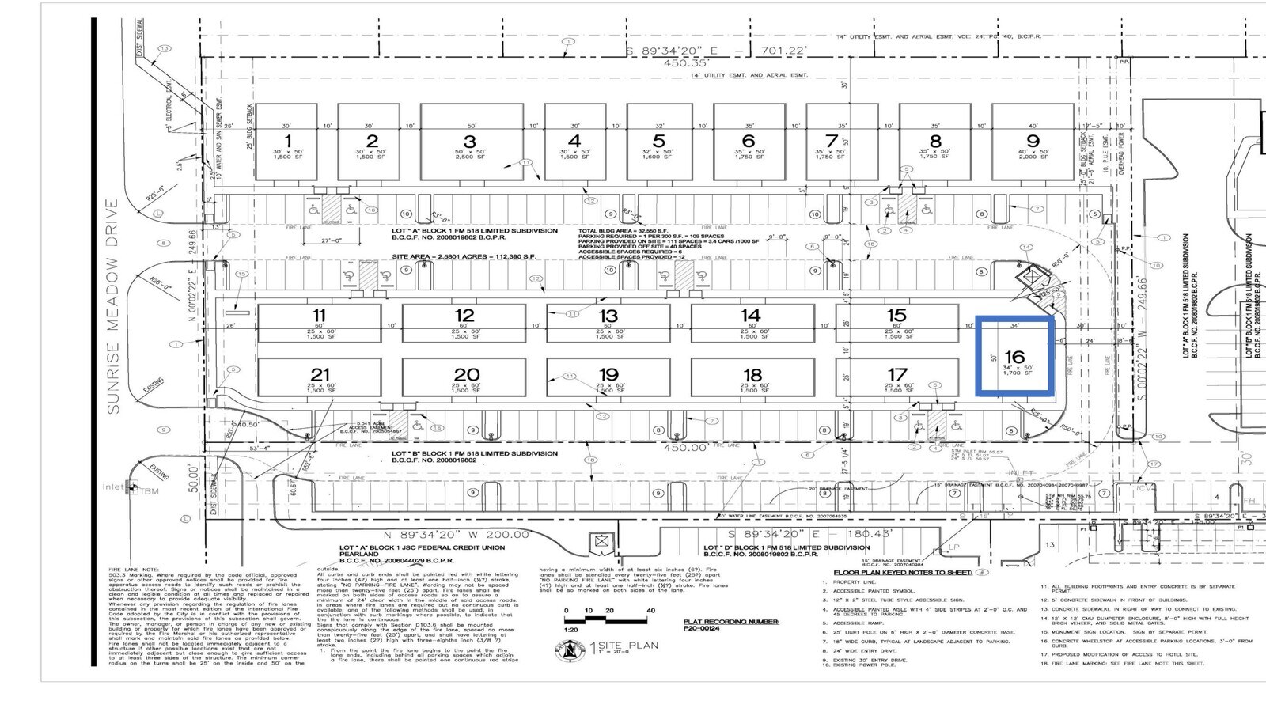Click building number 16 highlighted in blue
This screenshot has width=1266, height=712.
pyautogui.click(x=1015, y=358)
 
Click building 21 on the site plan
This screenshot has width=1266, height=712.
pyautogui.click(x=320, y=375)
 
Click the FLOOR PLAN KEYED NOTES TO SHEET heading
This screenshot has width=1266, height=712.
pyautogui.click(x=902, y=571)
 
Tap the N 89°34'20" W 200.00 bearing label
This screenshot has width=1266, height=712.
pyautogui.click(x=452, y=535)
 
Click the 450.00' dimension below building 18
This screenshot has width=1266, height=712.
pyautogui.click(x=685, y=448)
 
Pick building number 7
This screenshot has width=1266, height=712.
pyautogui.click(x=831, y=142)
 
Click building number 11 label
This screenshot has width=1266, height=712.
pyautogui.click(x=319, y=316)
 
